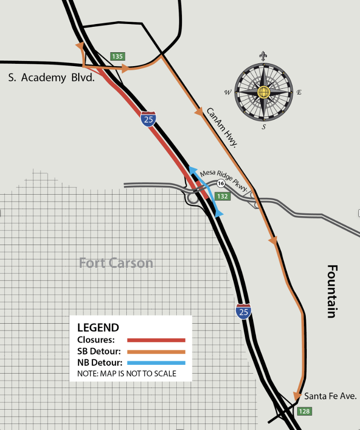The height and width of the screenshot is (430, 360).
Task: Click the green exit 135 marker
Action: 118,56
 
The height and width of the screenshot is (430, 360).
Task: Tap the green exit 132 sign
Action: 223,196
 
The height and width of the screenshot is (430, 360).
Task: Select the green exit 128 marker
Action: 304,411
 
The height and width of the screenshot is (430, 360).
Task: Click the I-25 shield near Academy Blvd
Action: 149,119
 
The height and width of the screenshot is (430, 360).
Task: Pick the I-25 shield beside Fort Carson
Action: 243,312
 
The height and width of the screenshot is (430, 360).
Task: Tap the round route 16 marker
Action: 221,184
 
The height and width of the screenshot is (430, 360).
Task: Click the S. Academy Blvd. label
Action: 51,78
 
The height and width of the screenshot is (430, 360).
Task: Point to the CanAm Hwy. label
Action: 222,128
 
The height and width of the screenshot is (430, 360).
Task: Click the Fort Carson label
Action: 116,263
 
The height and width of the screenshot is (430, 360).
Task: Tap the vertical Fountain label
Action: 331,291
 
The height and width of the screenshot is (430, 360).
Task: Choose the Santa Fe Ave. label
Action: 330,396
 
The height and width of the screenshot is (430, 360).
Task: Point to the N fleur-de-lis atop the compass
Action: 263,56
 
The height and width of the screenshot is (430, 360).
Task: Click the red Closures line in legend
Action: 156,340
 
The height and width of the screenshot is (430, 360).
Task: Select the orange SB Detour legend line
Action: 156,351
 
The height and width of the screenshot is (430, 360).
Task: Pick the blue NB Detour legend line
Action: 156,362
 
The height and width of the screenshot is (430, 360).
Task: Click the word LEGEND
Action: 98,328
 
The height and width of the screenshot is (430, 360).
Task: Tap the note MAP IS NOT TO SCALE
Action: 127,373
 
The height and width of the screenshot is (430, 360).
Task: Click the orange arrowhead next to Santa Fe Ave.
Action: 297,396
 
